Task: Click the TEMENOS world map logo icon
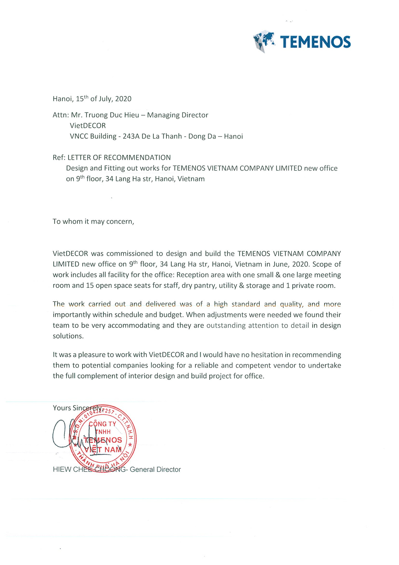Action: (x=264, y=41)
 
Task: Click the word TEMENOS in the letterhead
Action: (x=315, y=42)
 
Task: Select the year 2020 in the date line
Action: (x=123, y=99)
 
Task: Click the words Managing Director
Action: (x=178, y=115)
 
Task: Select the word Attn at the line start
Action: (x=60, y=115)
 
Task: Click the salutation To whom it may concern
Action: (x=93, y=222)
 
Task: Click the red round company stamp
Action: (x=103, y=439)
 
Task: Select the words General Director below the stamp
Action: (x=155, y=470)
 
